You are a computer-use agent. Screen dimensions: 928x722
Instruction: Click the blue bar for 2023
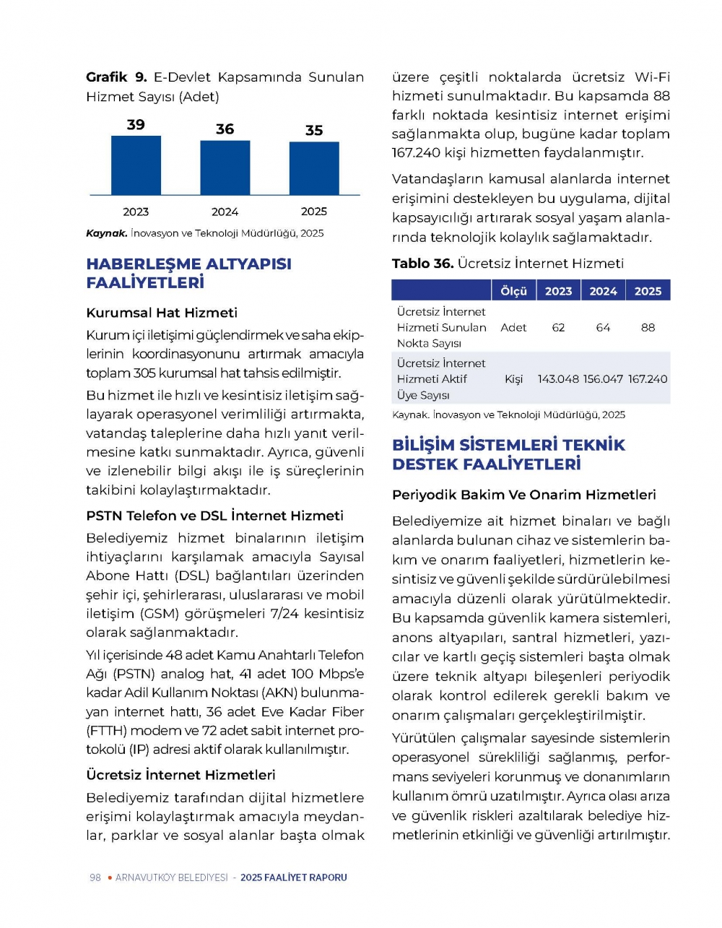[136, 165]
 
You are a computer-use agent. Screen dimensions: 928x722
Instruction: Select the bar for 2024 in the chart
[225, 168]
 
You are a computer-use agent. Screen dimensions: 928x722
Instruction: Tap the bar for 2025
[314, 168]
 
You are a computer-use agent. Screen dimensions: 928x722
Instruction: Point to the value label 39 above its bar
[136, 125]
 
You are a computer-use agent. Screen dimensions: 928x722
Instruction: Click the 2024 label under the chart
[225, 212]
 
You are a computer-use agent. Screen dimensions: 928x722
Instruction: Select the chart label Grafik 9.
[116, 77]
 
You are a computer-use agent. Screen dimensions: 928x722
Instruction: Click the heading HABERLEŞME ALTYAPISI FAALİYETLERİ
[188, 273]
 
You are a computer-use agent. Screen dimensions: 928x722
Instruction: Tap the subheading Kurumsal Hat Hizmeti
[162, 313]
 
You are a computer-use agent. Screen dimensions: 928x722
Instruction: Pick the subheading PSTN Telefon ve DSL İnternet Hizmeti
[214, 516]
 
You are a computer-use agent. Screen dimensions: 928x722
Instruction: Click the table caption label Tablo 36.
[422, 264]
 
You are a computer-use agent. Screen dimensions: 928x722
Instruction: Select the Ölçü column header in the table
[513, 291]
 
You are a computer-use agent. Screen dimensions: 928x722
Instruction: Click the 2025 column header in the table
[648, 291]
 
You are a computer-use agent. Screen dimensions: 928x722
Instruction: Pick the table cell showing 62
[558, 328]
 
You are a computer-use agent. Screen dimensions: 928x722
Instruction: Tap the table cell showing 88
[648, 328]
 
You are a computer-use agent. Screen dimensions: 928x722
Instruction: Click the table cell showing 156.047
[603, 379]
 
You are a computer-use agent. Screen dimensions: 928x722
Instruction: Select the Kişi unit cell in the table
[513, 379]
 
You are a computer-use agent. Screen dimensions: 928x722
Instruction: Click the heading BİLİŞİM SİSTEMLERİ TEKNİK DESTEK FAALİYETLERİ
[508, 454]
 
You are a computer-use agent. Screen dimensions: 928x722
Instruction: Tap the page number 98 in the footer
[95, 877]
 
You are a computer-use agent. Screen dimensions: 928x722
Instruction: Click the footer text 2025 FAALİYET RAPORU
[294, 877]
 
